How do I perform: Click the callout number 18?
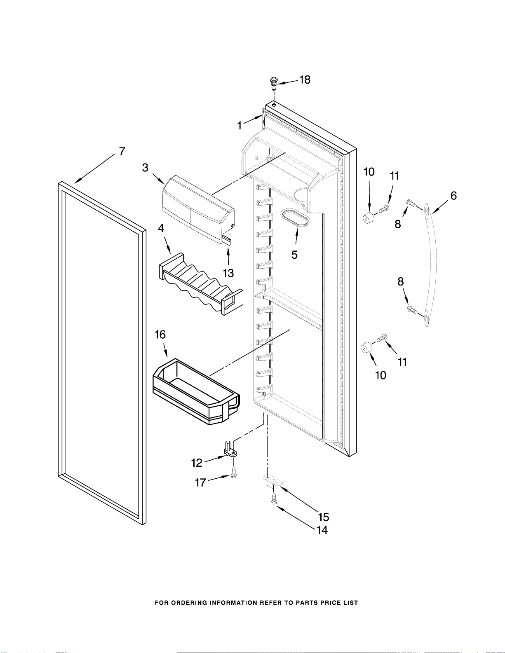(x=305, y=80)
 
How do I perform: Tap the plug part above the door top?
(x=274, y=83)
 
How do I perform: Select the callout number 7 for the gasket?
(x=122, y=151)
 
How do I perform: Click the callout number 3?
(x=145, y=168)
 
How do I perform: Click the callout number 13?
(x=228, y=273)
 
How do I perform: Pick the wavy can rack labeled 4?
(x=201, y=284)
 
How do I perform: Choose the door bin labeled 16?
(x=197, y=391)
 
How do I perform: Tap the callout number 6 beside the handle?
(x=453, y=196)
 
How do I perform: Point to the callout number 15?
(x=324, y=517)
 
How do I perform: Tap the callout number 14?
(x=322, y=530)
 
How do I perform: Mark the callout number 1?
(x=240, y=126)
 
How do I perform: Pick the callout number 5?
(x=294, y=255)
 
